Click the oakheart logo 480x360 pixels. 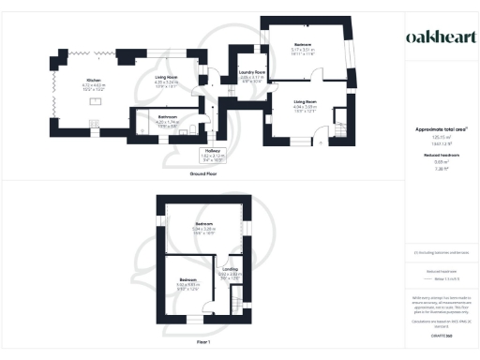pyautogui.click(x=440, y=37)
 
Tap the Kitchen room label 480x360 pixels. pyautogui.click(x=94, y=81)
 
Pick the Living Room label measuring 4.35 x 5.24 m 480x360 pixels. pyautogui.click(x=171, y=81)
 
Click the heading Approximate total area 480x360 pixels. pyautogui.click(x=440, y=128)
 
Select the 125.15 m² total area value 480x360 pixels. pyautogui.click(x=440, y=136)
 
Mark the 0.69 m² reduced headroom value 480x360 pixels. pyautogui.click(x=440, y=162)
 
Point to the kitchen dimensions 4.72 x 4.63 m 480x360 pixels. pyautogui.click(x=94, y=86)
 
